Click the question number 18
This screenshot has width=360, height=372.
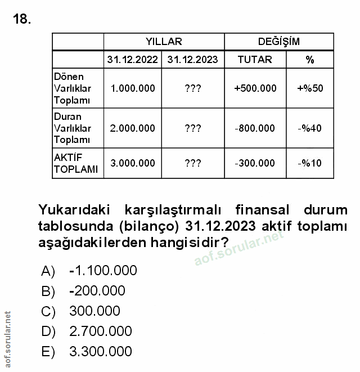21,20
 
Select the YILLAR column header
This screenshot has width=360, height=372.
164,42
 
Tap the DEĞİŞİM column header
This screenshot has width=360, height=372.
278,42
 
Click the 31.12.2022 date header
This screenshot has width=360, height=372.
132,59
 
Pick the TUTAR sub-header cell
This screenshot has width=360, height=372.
255,59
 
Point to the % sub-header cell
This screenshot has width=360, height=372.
309,59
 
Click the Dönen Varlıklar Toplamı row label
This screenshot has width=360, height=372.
72,88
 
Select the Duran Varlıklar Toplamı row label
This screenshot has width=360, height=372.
72,128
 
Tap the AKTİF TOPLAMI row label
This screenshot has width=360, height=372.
76,163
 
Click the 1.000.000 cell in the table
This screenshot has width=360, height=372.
133,88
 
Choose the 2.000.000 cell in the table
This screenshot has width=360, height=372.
133,128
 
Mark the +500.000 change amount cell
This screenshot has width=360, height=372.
255,88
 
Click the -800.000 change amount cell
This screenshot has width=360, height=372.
255,128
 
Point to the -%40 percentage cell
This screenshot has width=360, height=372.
309,128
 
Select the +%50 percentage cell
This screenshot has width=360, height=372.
309,88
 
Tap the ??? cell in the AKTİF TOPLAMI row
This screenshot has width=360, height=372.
192,163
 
